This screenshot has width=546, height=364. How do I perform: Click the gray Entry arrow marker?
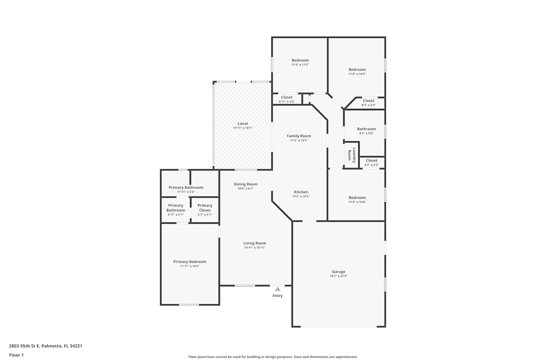278,289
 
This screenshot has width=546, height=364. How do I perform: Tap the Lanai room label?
243,124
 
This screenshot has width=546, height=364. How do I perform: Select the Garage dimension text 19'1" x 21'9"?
339,276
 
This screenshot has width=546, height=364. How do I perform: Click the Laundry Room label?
352,155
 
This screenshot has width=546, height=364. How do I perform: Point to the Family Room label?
299,136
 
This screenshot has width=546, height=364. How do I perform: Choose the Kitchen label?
301,192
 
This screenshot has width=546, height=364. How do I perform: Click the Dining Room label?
245,184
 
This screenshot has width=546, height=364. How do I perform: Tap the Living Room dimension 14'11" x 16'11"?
255,248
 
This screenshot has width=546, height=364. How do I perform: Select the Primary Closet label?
205,208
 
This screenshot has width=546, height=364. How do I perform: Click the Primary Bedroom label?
190,262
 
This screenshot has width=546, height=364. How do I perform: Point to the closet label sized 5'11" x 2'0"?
287,97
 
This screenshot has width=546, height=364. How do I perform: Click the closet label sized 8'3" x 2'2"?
368,101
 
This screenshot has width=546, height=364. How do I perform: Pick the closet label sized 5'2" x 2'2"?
372,161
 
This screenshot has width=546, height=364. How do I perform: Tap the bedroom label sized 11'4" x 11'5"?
300,60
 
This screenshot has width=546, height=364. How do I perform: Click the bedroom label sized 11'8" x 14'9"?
357,70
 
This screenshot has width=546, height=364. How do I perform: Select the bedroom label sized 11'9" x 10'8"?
357,198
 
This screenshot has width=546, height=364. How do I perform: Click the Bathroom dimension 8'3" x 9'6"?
366,133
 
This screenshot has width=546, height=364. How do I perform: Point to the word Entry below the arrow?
278,296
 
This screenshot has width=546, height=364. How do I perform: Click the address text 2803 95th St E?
24,346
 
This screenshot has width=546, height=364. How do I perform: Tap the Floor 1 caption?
16,355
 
